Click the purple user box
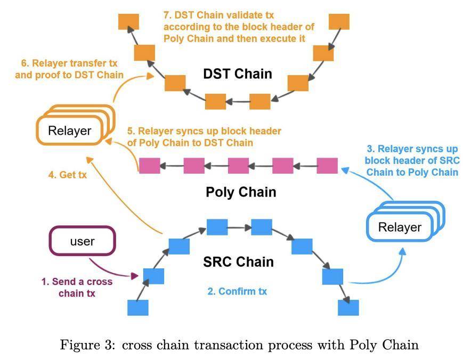[82, 241]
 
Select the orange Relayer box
[69, 130]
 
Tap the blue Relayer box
[399, 227]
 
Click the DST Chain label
[238, 73]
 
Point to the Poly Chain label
[241, 192]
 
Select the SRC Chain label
[238, 262]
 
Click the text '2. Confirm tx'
[237, 291]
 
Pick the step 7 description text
[238, 27]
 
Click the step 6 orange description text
[69, 70]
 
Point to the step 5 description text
[204, 137]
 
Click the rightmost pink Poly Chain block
[327, 166]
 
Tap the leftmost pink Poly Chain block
[149, 166]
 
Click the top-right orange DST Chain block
[339, 22]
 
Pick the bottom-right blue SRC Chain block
[348, 307]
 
